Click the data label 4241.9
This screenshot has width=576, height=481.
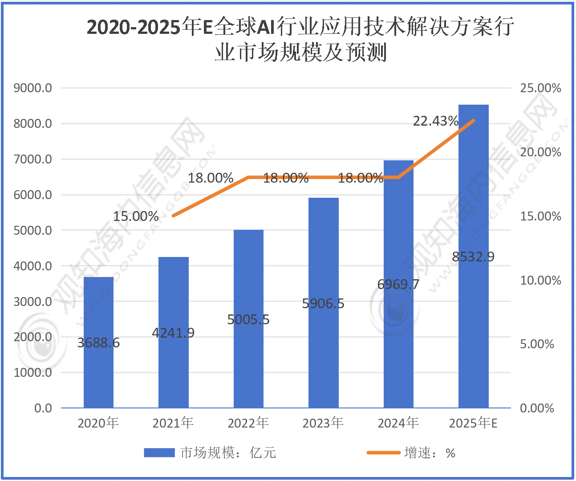pos(173,333)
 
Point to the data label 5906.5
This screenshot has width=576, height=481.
pos(323,303)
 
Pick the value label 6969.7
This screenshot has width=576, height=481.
pos(398,284)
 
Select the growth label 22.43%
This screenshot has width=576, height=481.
pos(435,121)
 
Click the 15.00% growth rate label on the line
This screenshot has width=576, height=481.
pos(136,216)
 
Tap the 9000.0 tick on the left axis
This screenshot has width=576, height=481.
pos(32,88)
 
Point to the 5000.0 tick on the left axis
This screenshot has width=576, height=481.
pos(32,230)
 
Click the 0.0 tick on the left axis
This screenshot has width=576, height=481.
pos(43,408)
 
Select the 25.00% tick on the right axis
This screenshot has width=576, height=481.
pos(540,88)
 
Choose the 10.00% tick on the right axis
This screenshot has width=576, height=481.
pos(540,280)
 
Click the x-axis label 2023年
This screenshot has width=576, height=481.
pos(323,423)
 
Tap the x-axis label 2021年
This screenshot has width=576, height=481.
pos(173,423)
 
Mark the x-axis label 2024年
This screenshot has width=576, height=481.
pos(398,423)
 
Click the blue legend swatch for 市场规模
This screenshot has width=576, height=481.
pos(159,452)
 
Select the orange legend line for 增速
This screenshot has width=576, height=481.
pos(383,452)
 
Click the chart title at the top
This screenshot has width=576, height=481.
pos(300,39)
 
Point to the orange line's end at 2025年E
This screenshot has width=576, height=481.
pos(473,120)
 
